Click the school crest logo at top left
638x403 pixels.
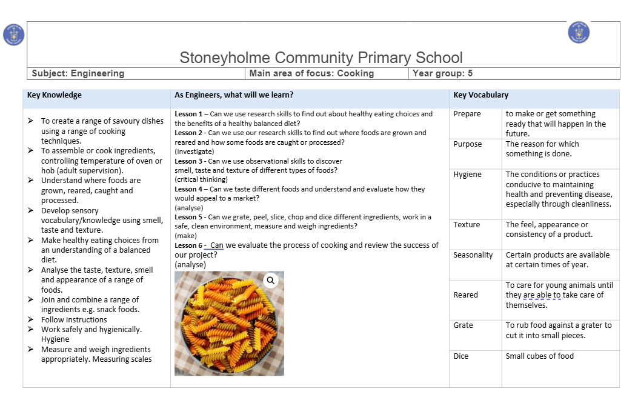click(13, 35)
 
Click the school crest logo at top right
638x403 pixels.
click(579, 32)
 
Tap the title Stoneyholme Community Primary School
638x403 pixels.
click(321, 58)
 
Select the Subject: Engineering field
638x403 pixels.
click(78, 73)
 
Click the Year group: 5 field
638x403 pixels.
click(442, 73)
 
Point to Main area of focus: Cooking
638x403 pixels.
click(311, 73)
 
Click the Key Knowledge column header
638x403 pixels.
click(55, 95)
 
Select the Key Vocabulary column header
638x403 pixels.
click(480, 95)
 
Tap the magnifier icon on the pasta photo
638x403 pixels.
click(271, 280)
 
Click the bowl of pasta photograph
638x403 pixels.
click(229, 324)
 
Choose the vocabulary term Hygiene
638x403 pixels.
click(467, 175)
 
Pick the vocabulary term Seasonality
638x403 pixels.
click(473, 255)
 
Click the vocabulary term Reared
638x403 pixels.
click(465, 295)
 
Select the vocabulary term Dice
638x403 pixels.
click(460, 356)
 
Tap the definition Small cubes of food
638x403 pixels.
click(539, 356)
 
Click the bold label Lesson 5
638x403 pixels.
click(188, 217)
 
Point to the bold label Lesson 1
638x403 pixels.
click(188, 114)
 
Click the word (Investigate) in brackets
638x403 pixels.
click(194, 152)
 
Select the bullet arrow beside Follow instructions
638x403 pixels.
click(31, 319)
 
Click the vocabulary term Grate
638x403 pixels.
click(463, 325)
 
